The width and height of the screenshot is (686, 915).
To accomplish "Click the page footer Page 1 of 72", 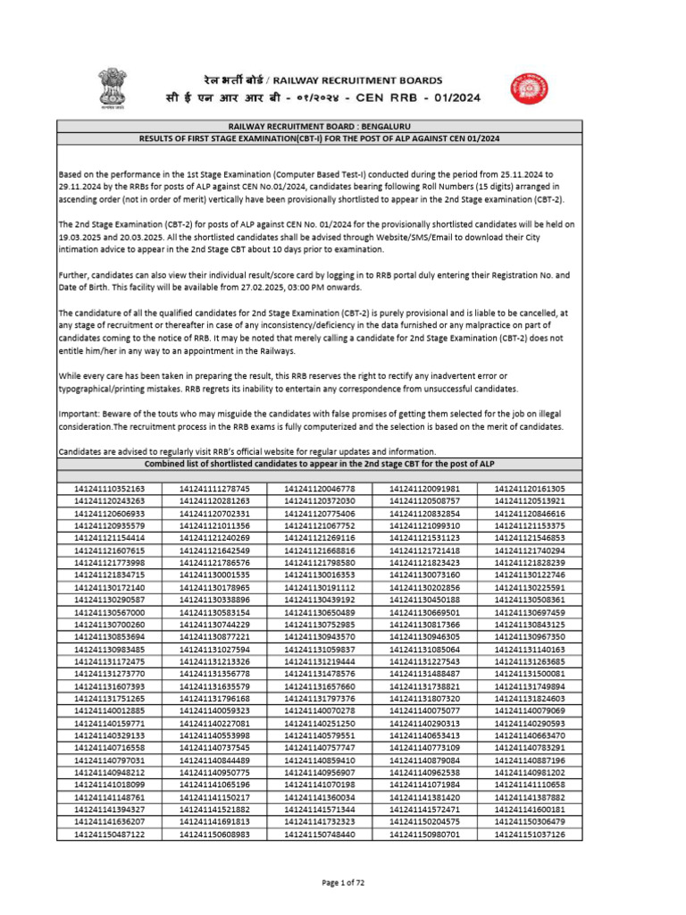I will tap(344, 883).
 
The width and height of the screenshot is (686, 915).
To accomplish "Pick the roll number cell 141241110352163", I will tap(110, 490).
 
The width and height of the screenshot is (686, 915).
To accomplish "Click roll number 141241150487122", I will tap(110, 834).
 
